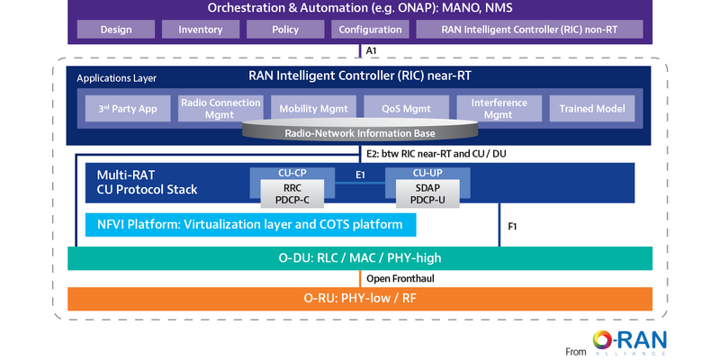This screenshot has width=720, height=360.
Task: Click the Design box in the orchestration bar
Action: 116,30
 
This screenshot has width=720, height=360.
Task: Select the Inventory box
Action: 201,30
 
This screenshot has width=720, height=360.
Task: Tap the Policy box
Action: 285,30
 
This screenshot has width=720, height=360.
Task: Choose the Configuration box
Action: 370,30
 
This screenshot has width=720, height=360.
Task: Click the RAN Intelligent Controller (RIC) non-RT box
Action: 530,30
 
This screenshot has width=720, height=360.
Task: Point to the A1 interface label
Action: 372,51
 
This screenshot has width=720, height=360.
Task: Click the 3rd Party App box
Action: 128,109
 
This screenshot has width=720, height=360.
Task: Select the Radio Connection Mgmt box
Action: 220,108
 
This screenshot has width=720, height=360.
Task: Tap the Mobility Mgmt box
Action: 312,109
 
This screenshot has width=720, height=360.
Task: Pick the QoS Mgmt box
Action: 404,109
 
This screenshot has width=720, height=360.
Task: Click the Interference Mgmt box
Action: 498,108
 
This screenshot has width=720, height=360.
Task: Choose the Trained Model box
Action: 591,109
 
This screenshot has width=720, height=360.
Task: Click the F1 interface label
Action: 512,227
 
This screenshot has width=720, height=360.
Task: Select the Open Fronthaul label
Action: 400,278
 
